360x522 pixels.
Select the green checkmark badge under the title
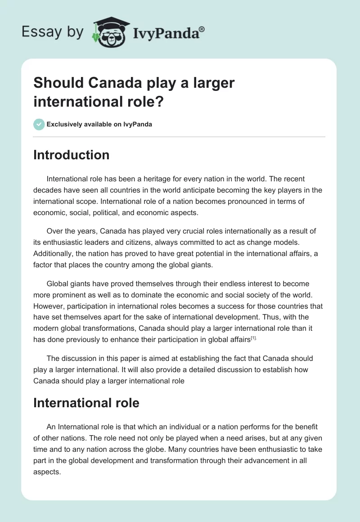click(x=39, y=124)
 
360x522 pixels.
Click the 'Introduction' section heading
click(x=72, y=155)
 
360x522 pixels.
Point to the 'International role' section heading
click(x=86, y=403)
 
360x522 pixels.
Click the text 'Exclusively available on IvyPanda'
click(x=99, y=124)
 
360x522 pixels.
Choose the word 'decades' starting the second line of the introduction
click(x=48, y=190)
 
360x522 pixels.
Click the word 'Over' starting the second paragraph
click(x=55, y=231)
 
